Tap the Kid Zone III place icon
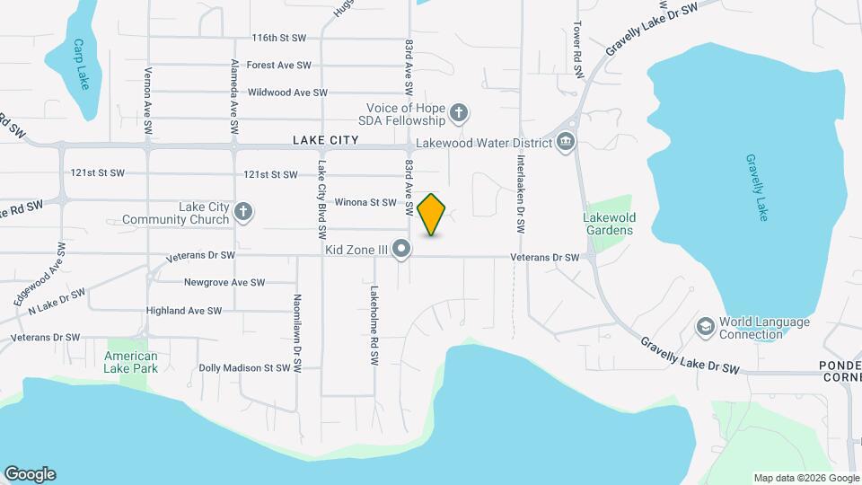(402, 249)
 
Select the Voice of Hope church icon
(459, 113)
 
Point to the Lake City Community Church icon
(242, 212)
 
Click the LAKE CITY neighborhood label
(325, 140)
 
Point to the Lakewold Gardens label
(608, 224)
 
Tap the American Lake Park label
(131, 362)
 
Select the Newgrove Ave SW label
(224, 282)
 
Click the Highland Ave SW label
(183, 311)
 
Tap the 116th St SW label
(279, 38)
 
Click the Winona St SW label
(365, 202)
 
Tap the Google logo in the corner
(30, 474)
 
